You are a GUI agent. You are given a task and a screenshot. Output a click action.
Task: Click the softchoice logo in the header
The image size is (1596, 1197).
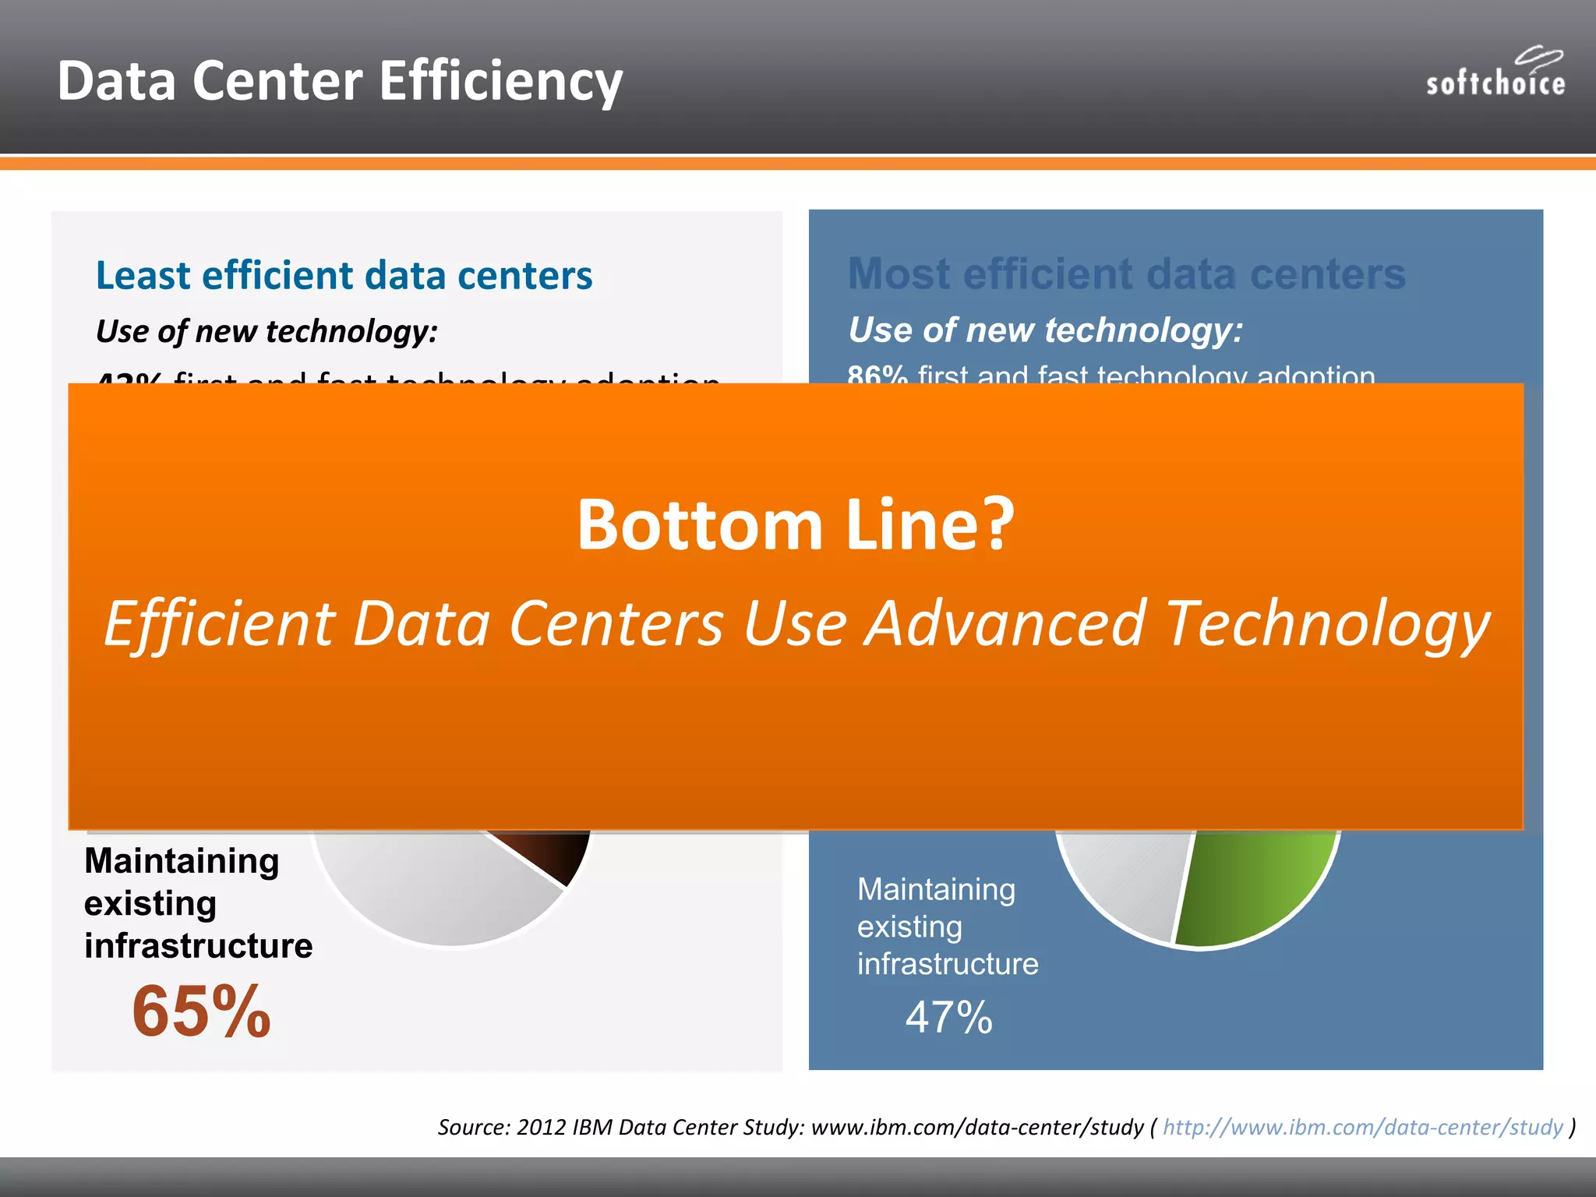[1495, 74]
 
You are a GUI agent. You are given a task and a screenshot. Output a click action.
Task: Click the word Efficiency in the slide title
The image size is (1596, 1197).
[501, 81]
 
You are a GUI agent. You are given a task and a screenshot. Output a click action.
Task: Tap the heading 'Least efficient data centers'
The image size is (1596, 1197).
[344, 276]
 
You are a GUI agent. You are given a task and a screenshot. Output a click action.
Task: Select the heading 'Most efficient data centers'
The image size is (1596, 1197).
[1126, 274]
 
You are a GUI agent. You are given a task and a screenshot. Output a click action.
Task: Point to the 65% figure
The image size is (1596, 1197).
[201, 1012]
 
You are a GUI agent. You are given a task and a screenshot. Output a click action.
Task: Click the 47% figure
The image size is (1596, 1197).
[948, 1018]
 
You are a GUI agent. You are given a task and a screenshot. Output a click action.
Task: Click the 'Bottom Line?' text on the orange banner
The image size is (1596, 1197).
[796, 525]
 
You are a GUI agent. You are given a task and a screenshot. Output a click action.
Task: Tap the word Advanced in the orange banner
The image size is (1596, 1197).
[1005, 624]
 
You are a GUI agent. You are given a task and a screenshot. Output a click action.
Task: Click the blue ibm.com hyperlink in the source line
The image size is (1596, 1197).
[1363, 1127]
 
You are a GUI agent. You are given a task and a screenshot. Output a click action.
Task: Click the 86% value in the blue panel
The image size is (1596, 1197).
[877, 376]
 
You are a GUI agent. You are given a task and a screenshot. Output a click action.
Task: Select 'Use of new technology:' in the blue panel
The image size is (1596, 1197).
[1045, 330]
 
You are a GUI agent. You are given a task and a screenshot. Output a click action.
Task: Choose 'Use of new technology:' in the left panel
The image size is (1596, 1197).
[267, 332]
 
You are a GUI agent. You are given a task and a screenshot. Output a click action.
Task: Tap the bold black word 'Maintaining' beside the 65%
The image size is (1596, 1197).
[182, 861]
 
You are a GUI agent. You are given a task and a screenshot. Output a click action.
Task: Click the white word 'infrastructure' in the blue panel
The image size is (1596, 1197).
[948, 964]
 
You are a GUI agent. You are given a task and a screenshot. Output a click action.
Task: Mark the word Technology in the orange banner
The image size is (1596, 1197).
[1326, 624]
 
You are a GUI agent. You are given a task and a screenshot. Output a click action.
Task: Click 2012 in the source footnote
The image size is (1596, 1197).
[541, 1127]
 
